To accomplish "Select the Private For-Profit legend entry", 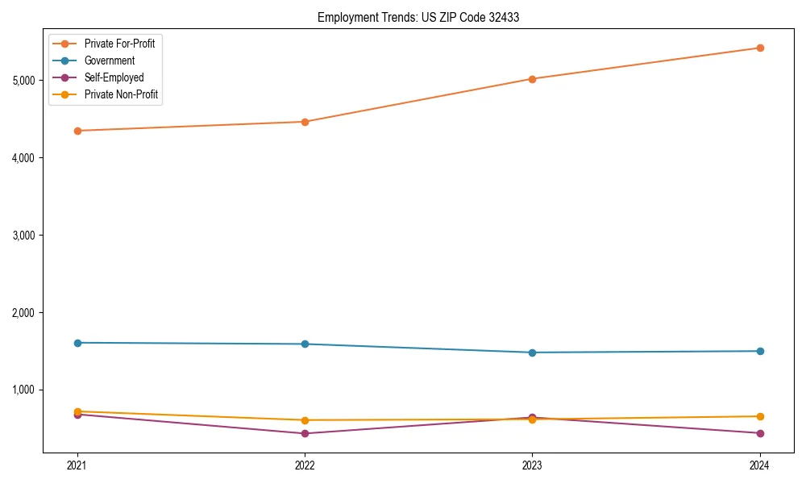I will click(119, 44).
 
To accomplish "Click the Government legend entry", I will click(109, 60).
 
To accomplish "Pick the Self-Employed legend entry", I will click(114, 77).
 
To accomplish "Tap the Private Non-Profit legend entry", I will click(121, 95).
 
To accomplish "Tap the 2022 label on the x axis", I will click(305, 465).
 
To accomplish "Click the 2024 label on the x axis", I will click(759, 465).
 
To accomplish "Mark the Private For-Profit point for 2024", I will click(759, 48).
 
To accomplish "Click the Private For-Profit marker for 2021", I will click(77, 131).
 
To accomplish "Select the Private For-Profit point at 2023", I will click(532, 79).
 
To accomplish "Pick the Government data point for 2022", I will click(305, 344).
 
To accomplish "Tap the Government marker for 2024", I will click(759, 351).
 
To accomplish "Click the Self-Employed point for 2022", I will click(305, 433).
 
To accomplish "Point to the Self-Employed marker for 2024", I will click(759, 433).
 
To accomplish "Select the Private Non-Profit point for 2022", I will click(305, 420).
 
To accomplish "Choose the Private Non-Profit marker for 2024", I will click(759, 416).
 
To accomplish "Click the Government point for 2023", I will click(532, 353).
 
